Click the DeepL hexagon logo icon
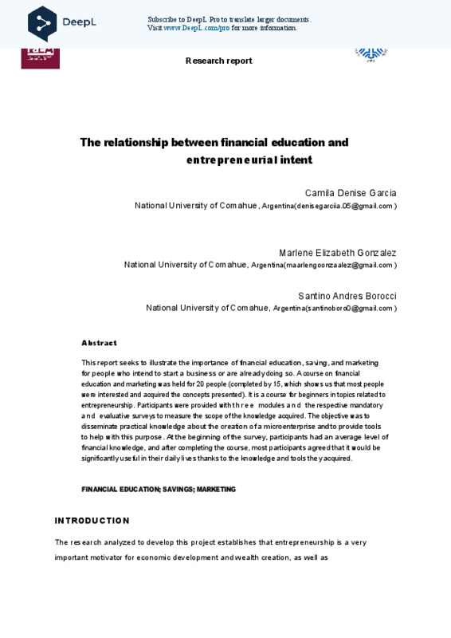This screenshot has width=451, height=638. (x=42, y=22)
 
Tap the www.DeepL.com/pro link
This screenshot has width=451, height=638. (x=196, y=28)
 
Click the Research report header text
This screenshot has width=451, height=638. (x=218, y=61)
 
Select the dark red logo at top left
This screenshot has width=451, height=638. (x=40, y=57)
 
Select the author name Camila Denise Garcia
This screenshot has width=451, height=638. (x=350, y=193)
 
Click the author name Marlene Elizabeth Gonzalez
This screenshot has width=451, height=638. (x=337, y=253)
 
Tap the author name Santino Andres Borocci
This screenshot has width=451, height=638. (x=347, y=296)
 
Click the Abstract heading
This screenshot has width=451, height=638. (x=99, y=343)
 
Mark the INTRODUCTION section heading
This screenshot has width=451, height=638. (x=92, y=521)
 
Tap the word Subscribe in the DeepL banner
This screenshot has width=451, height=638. (x=164, y=19)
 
